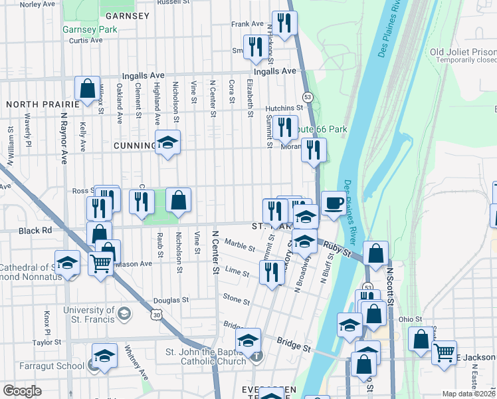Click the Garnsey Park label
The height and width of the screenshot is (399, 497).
click(90, 29)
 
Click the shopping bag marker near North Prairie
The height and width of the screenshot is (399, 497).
click(87, 88)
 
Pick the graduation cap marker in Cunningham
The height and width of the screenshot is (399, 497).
click(168, 142)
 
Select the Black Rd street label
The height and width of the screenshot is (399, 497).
click(35, 230)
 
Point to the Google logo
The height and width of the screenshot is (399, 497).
click(22, 391)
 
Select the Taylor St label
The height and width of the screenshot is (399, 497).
click(47, 342)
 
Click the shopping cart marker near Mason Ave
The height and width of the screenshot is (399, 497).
click(101, 263)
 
